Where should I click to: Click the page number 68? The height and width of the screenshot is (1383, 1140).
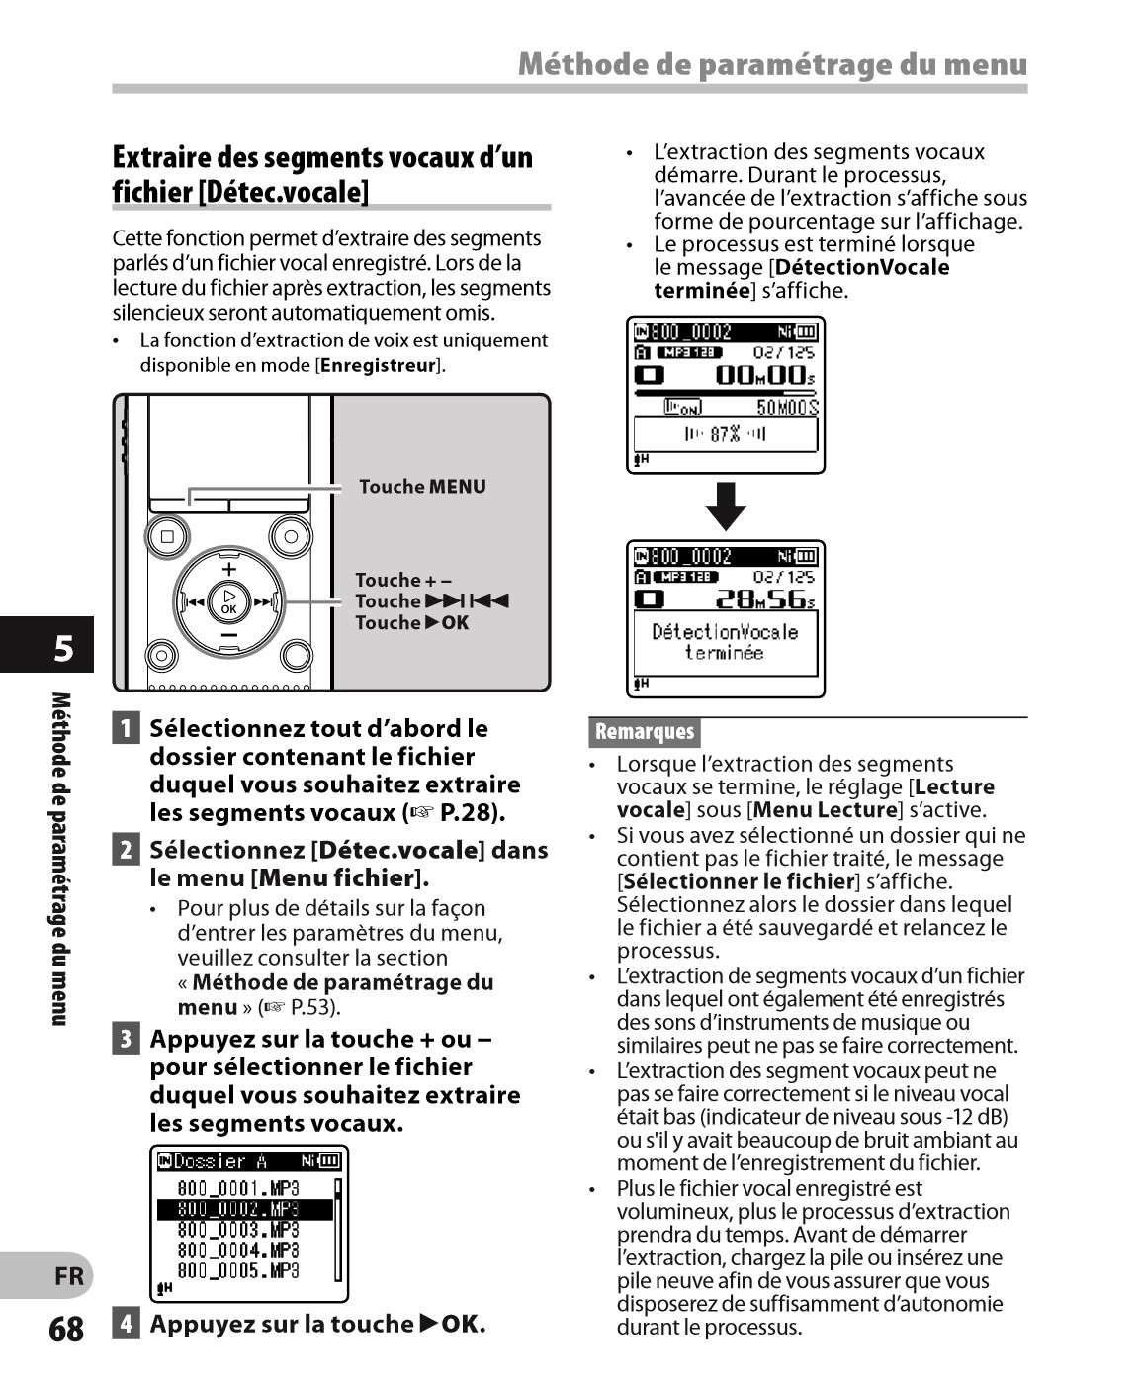(66, 1329)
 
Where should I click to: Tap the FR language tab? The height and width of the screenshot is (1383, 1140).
(68, 1276)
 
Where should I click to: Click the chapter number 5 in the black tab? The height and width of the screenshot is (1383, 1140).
(62, 648)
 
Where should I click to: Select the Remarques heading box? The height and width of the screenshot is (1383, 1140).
(645, 732)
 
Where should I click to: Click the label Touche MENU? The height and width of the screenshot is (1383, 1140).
(422, 487)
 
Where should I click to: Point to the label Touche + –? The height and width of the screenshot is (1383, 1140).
(403, 580)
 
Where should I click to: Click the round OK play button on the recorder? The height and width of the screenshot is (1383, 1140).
(229, 601)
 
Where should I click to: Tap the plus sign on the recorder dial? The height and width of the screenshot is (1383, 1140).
(229, 569)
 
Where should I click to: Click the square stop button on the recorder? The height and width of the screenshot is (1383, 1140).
(167, 537)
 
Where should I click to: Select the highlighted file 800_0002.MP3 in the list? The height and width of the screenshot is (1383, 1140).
(238, 1209)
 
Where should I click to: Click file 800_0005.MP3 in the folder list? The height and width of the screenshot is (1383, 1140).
(238, 1271)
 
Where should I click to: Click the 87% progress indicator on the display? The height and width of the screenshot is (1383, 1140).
(726, 434)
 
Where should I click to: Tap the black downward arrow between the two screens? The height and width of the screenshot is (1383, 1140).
(726, 507)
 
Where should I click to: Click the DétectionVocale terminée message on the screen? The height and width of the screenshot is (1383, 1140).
(725, 642)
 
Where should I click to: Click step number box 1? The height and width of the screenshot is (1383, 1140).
(126, 729)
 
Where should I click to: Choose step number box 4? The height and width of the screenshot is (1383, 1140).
(126, 1324)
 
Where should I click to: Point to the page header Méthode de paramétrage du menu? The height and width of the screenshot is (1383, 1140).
(772, 65)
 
